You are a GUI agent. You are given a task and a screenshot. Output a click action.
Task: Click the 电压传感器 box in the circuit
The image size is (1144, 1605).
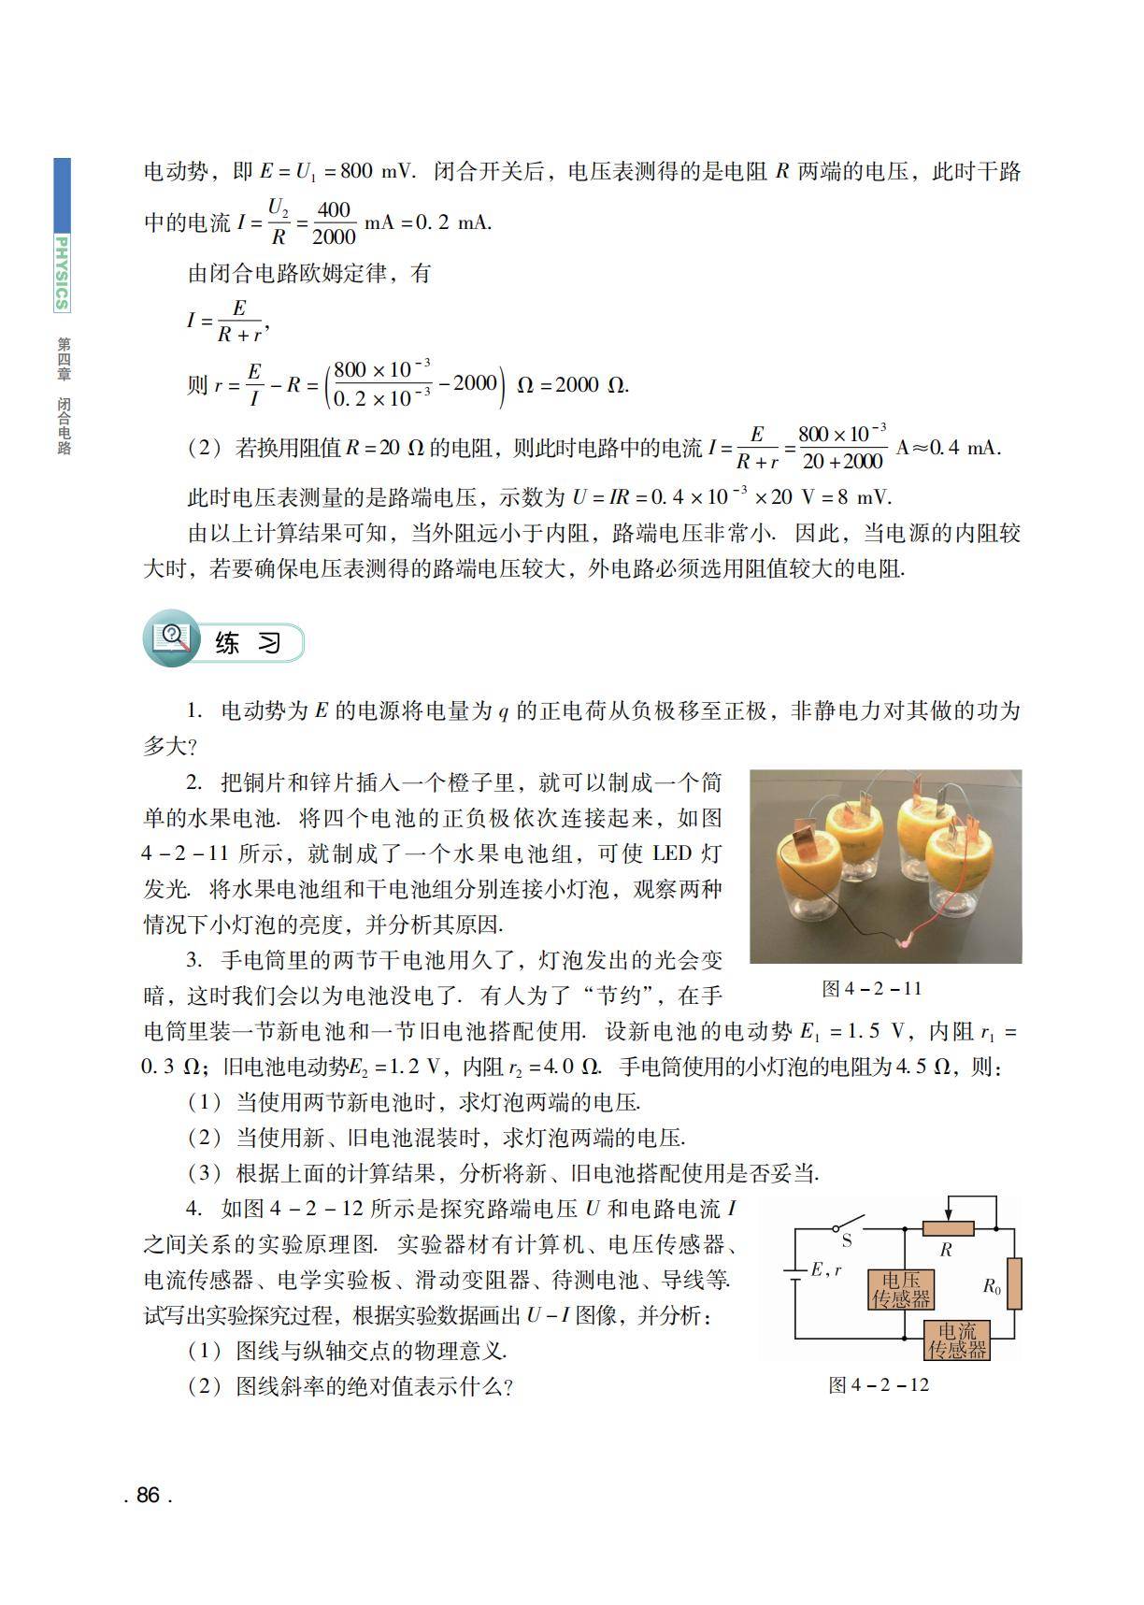coord(901,1289)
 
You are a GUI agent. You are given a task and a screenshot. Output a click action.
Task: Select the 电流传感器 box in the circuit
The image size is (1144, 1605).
coord(956,1340)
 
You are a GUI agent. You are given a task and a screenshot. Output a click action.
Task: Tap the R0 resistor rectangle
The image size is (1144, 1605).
coord(1014,1283)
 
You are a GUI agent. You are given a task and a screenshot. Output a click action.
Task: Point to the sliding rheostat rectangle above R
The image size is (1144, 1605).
coord(948,1228)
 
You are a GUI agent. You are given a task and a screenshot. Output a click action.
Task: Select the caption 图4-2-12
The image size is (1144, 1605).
coord(879,1384)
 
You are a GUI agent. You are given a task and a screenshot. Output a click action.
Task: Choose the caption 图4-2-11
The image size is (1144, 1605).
coord(871,988)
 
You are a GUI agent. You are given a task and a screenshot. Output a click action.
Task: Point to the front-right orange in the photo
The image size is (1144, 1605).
coord(963,857)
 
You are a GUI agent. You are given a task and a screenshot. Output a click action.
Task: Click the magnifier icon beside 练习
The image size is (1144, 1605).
coord(172,638)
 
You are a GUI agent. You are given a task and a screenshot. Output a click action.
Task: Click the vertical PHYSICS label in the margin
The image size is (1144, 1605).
coord(62,272)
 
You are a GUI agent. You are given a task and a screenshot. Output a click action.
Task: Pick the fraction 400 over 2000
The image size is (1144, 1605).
coord(333,223)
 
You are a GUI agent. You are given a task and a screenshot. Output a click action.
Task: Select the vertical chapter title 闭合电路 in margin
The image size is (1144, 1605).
coord(64,426)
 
